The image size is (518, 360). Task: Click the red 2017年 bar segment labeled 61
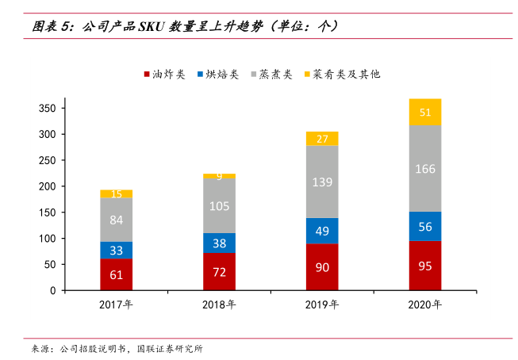116,274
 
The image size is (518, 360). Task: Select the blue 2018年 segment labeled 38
219,243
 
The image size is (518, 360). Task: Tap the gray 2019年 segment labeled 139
322,182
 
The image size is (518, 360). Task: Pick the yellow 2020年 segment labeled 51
425,112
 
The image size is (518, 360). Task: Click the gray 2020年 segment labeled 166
425,168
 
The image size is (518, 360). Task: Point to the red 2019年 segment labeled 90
322,267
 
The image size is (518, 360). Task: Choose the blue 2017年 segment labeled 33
116,250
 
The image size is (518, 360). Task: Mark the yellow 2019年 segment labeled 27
322,139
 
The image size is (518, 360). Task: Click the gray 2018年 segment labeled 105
219,205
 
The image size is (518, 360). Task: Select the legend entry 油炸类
164,74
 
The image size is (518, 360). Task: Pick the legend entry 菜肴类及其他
342,74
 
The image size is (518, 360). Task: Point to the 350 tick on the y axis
48,109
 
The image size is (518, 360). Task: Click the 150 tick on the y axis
48,213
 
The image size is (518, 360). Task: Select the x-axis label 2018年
219,305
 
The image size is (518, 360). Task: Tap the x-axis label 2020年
425,305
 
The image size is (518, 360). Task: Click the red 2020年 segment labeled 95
425,266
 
